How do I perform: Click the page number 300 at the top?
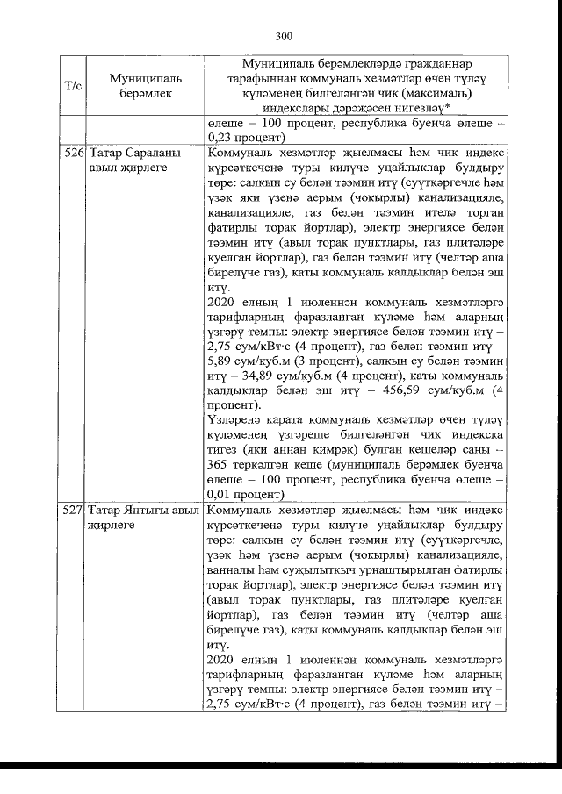[x=283, y=36]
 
